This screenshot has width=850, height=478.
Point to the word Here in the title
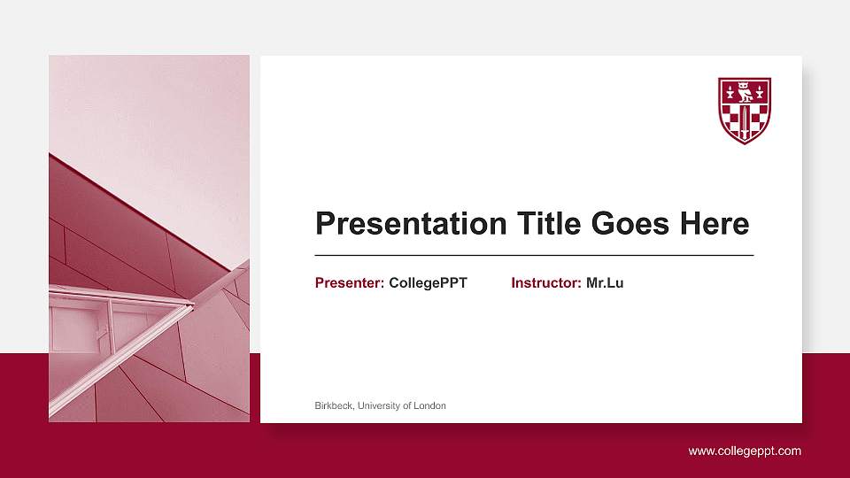[714, 224]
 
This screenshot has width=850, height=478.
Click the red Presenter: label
[350, 283]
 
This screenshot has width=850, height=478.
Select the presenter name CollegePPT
[428, 283]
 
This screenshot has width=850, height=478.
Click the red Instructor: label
[546, 283]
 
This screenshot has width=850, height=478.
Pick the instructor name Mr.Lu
[605, 283]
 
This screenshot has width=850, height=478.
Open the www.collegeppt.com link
[745, 451]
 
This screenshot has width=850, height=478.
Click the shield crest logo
[745, 111]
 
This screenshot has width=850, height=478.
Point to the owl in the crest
[745, 91]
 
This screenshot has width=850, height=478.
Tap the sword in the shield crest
[745, 122]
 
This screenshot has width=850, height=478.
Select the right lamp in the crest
[761, 91]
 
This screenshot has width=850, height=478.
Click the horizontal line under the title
[534, 255]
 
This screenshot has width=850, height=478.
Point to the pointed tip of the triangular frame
[191, 305]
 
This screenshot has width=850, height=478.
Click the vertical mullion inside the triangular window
[111, 323]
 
